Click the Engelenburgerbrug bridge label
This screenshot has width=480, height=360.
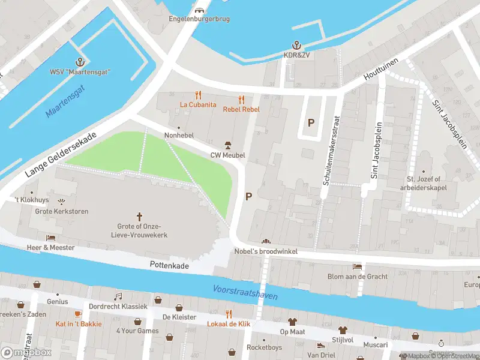point(199,19)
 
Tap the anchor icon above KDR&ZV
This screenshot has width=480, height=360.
point(296,46)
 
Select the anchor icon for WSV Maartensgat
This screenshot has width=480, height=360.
point(79,62)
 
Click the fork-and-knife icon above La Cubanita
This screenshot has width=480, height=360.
point(198,95)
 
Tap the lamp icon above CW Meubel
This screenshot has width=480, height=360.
point(227,145)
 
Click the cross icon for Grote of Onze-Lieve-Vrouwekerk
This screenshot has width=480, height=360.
point(140,216)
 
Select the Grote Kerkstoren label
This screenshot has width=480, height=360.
point(62,211)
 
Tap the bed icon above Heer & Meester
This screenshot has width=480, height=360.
point(50,238)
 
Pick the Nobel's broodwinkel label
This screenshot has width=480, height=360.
point(266,251)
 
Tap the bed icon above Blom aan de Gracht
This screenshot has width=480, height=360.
point(357,266)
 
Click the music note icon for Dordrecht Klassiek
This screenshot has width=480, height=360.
point(118,296)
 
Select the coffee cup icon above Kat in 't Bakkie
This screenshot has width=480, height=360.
point(78,314)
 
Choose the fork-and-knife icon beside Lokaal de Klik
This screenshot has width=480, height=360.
point(228,314)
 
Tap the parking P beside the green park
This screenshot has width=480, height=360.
point(248,196)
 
